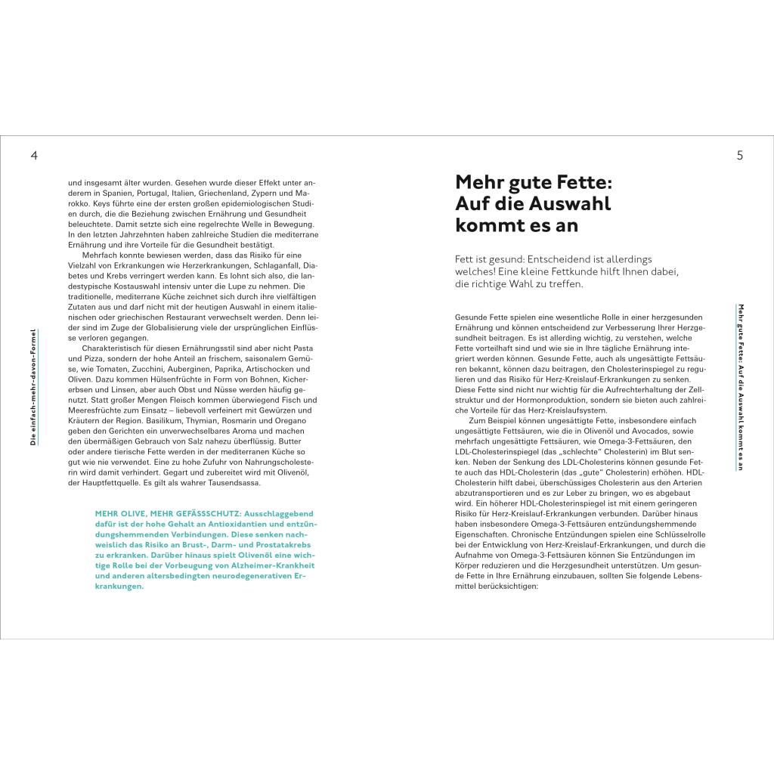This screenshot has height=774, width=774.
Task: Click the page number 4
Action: pyautogui.click(x=33, y=156)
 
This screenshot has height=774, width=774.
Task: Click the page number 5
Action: pyautogui.click(x=740, y=156)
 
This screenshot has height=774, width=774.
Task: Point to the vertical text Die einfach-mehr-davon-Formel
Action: pyautogui.click(x=33, y=386)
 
